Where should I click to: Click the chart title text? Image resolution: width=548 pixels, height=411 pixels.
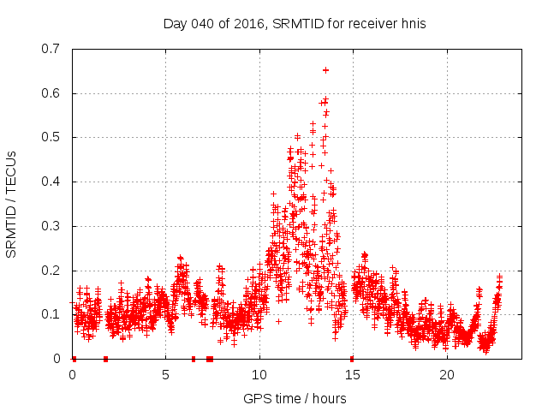point(295,24)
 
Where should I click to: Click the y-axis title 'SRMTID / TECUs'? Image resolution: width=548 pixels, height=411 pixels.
point(12,203)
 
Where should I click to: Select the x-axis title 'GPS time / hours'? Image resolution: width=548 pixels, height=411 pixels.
point(295,398)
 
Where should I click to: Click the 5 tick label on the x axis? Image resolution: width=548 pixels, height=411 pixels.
point(166,375)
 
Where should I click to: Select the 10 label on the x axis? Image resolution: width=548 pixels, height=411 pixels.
point(259,375)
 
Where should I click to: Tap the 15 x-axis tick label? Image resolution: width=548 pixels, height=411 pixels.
point(354,375)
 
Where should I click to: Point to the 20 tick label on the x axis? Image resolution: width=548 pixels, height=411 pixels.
point(447,375)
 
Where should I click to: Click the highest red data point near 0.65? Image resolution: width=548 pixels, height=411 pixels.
point(325,70)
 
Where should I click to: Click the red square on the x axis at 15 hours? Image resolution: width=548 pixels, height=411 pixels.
point(352,359)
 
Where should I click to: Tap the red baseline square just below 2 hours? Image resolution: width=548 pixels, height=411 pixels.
point(105,359)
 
